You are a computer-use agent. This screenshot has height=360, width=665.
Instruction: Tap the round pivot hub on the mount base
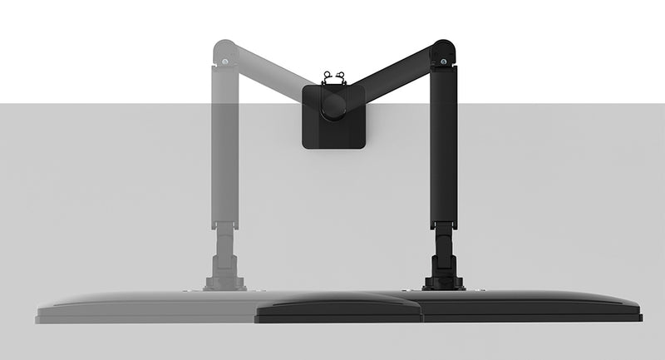pyautogui.click(x=334, y=105)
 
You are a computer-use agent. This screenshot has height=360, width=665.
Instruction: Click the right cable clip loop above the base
pyautogui.click(x=342, y=74)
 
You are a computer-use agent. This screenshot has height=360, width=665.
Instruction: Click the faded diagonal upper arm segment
pyautogui.click(x=274, y=79)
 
